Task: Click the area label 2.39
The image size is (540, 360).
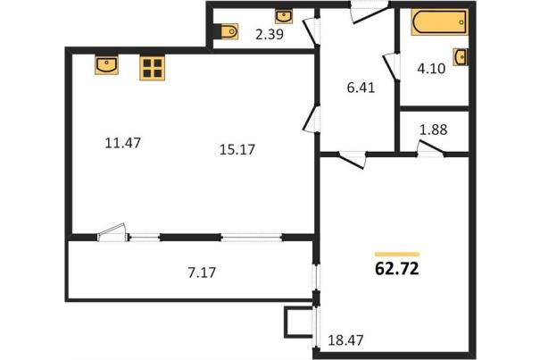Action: [270, 35]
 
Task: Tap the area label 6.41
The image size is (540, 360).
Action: [361, 88]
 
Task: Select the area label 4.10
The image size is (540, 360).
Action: [431, 69]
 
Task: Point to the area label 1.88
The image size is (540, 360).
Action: [433, 130]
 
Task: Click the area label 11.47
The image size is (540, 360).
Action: [122, 143]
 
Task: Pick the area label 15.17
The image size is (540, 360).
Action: [237, 150]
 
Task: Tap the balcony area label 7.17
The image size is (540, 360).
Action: [202, 272]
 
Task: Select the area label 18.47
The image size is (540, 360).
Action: [345, 340]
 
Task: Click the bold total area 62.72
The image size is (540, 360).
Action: [396, 269]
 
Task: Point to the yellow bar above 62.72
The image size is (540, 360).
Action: [397, 255]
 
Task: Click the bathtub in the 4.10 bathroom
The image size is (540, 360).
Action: [439, 22]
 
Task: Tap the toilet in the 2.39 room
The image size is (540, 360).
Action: [226, 32]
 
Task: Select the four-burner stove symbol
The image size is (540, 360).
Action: [153, 68]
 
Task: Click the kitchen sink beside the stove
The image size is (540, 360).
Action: [107, 64]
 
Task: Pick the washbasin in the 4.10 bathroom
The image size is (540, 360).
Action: [461, 56]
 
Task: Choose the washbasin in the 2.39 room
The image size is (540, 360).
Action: [284, 16]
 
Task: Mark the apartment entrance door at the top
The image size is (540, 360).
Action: [370, 12]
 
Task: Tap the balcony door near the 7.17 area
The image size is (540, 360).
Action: [112, 232]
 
